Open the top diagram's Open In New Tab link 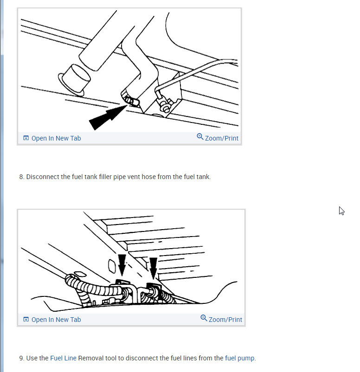click(56, 138)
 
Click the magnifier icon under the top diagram click(200, 137)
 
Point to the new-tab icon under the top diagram click(26, 138)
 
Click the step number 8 click(21, 177)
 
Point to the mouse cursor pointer click(341, 211)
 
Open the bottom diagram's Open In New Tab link click(56, 320)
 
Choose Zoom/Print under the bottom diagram click(225, 320)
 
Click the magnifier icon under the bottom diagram click(204, 318)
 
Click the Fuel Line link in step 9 click(63, 358)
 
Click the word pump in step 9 click(246, 358)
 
